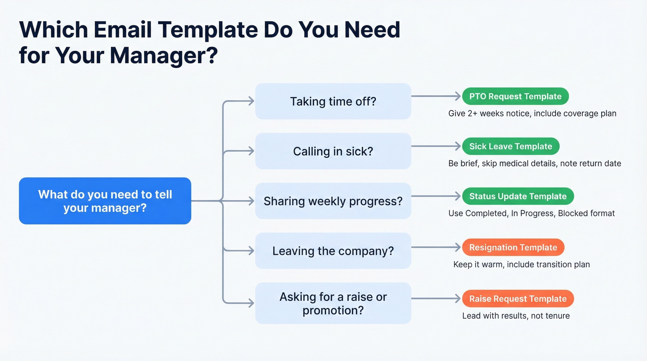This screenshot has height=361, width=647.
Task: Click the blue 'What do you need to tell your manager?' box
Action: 105,201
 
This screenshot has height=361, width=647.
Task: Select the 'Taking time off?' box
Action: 333,101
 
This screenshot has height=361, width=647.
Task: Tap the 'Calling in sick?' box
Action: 333,151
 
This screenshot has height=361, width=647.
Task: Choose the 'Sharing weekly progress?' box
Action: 333,201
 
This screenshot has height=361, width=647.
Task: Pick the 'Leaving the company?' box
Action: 333,251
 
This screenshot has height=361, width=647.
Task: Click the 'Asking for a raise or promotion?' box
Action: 333,303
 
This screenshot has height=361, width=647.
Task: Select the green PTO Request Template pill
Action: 515,97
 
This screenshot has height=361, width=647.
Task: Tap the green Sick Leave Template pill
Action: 511,147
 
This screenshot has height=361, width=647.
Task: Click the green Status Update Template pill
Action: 518,196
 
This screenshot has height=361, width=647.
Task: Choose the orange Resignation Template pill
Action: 513,247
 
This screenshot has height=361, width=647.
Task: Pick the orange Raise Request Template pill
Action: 518,299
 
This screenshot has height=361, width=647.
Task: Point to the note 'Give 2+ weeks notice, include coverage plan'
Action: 532,113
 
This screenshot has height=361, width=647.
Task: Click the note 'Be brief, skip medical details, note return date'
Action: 535,163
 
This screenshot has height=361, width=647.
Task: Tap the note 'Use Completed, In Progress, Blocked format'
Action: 531,213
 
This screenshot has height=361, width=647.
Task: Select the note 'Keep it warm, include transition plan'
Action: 521,264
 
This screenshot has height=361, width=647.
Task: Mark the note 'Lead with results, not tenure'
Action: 516,316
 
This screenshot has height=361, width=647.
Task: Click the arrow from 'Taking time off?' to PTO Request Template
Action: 436,97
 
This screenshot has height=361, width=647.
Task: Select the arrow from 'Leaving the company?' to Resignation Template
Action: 436,247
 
